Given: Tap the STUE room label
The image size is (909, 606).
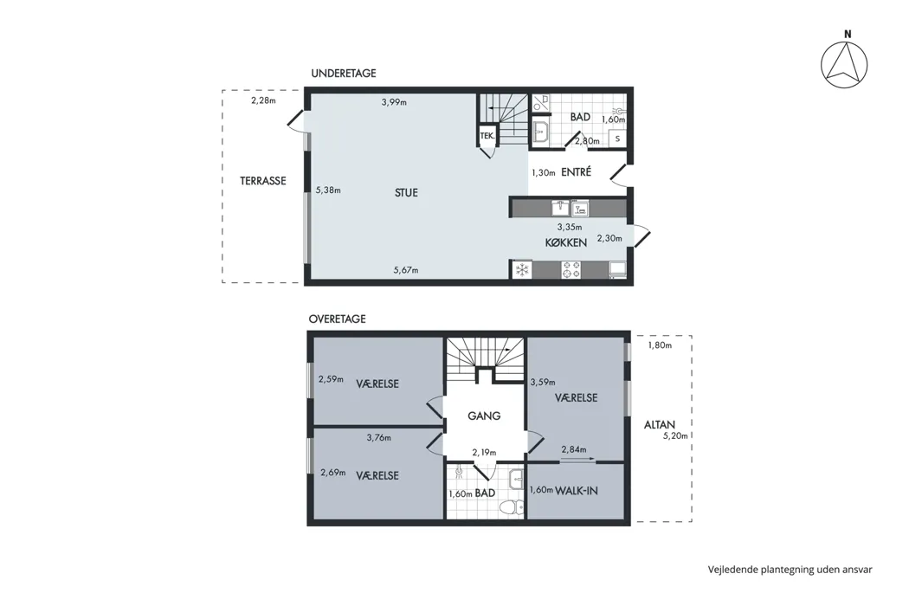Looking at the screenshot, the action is click(406, 192).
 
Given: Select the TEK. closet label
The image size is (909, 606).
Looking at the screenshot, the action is click(487, 136).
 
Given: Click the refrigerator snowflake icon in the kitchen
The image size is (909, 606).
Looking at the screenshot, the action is click(522, 269).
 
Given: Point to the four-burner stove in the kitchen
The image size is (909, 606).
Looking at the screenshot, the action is click(571, 269).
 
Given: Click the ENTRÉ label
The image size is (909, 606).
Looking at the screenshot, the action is click(577, 172).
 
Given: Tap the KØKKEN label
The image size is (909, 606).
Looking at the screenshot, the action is click(566, 242).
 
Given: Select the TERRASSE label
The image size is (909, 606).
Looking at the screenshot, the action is click(263, 181).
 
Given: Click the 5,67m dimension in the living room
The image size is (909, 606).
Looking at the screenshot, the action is click(406, 269).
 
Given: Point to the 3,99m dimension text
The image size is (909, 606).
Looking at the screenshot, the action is click(394, 103).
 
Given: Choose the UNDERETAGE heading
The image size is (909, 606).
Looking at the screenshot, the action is click(343, 73).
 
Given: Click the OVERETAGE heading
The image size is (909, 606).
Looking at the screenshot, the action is click(337, 319).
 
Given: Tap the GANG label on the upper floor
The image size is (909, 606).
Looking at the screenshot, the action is click(484, 416).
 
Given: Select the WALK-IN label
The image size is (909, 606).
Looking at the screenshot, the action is click(577, 491).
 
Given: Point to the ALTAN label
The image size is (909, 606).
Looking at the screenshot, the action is click(659, 425).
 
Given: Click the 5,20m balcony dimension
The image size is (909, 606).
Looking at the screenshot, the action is click(675, 436).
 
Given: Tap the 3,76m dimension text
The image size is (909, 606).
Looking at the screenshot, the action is click(378, 438).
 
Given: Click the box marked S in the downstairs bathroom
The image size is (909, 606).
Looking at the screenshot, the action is click(617, 139).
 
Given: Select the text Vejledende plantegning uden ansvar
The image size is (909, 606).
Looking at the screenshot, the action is click(790, 570).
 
